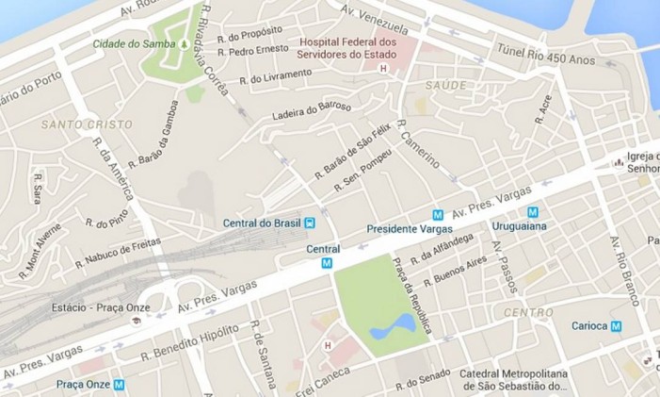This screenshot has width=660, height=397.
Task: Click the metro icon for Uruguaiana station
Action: [x=533, y=212]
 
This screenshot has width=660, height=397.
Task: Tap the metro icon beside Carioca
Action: [x=616, y=326]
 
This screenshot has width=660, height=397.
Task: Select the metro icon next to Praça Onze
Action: [x=119, y=384]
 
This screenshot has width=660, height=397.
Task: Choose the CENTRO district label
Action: [x=528, y=312]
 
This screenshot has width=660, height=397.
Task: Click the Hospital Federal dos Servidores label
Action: [x=348, y=50]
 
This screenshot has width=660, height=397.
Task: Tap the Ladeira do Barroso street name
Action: [x=311, y=111]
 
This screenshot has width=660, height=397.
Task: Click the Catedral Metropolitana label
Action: [x=515, y=378]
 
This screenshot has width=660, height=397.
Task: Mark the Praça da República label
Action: [x=414, y=295]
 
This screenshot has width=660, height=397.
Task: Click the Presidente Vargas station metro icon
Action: [x=437, y=215]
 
